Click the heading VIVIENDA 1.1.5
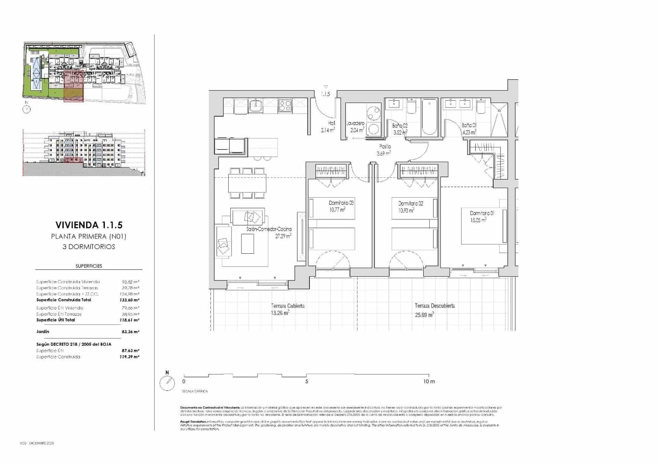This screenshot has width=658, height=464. click(x=89, y=225)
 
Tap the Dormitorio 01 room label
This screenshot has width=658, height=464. click(x=482, y=213)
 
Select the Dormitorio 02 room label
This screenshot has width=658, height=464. click(x=410, y=203)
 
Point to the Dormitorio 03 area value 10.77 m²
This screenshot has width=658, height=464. click(x=337, y=209)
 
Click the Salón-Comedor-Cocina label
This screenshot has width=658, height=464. click(x=269, y=229)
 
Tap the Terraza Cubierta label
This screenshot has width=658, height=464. click(x=287, y=306)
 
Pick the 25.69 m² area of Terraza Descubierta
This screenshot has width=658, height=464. click(x=424, y=315)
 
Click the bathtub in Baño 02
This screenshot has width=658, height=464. click(x=429, y=117)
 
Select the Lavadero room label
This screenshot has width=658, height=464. click(x=355, y=123)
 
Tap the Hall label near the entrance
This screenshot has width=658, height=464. click(x=331, y=123)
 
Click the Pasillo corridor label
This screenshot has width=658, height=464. click(x=385, y=146)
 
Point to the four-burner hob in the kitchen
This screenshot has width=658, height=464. click(x=285, y=106)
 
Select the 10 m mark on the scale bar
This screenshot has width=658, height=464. click(x=429, y=381)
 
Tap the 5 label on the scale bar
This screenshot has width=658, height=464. click(x=306, y=381)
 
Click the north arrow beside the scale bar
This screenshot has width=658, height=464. click(x=167, y=383)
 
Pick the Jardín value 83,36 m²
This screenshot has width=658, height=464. click(x=130, y=332)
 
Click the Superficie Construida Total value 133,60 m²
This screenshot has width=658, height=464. click(x=130, y=300)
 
